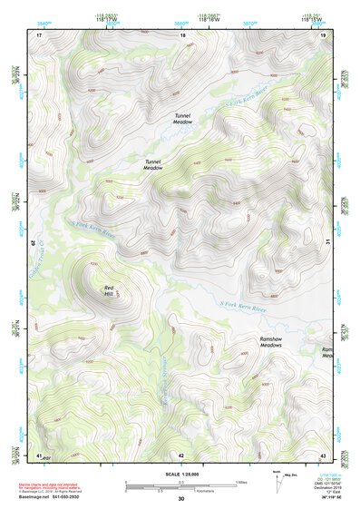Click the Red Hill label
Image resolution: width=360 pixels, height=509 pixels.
[108, 290]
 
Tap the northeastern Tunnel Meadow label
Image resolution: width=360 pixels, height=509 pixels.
[183, 118]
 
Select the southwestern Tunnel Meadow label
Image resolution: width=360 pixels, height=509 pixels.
[152, 164]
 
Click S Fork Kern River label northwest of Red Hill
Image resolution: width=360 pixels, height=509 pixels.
[94, 231]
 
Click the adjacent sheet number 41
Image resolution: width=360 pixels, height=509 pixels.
[39, 454]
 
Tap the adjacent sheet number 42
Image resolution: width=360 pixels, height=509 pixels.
[181, 454]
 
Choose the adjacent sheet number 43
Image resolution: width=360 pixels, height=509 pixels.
[323, 454]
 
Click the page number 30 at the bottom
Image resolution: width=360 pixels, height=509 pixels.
[181, 499]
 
